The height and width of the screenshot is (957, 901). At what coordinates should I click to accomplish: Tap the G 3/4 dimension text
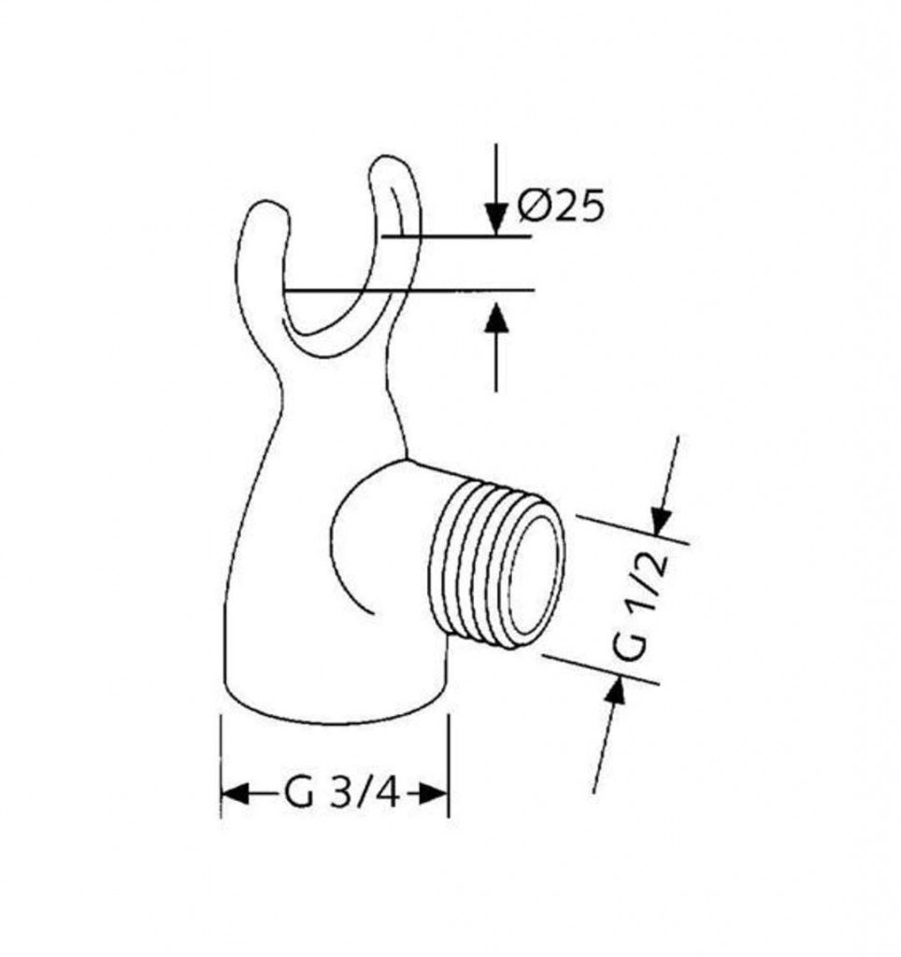341,794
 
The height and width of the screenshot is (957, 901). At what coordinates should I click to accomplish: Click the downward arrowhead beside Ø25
496,220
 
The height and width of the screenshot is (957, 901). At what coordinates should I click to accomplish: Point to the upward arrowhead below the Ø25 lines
496,319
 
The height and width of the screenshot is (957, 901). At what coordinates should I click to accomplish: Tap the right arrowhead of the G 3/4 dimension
434,794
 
